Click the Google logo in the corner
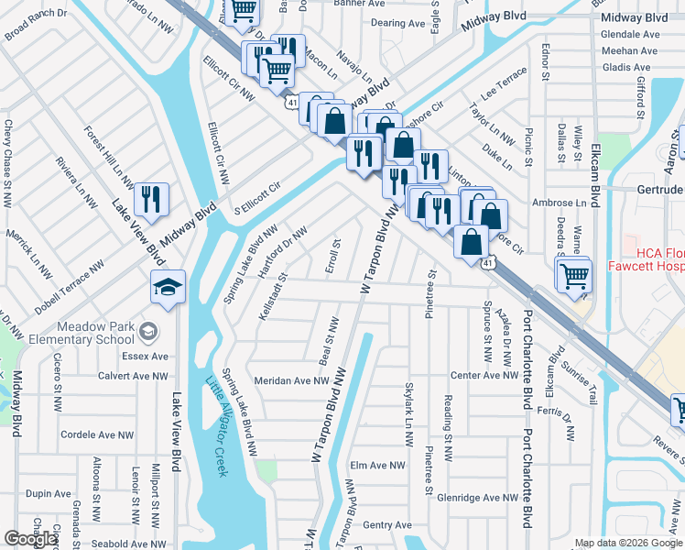(x=31, y=539)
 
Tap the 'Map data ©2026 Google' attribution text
(x=628, y=544)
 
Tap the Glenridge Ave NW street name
(x=478, y=498)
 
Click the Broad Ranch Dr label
(x=36, y=27)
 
